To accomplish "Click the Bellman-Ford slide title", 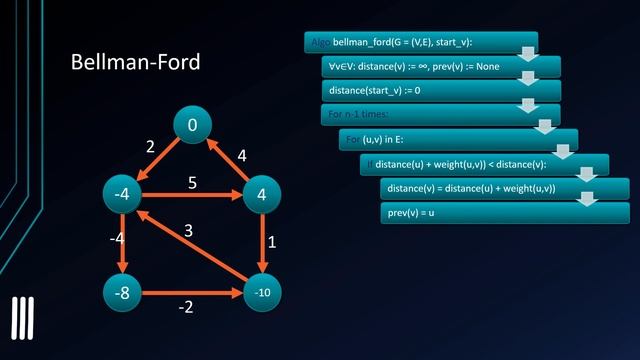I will point(136,62).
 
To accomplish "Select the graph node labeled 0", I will point(192,125).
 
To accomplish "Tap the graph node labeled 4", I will point(261,195).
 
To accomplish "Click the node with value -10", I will point(261,294).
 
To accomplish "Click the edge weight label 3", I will point(187,232).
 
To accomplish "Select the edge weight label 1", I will point(272,243).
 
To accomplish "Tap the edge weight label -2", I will point(185,307).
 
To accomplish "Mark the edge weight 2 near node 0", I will point(150,147).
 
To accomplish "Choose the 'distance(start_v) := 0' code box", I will point(440,90).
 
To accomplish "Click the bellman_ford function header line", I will point(420,42).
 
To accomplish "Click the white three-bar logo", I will point(22,320).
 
